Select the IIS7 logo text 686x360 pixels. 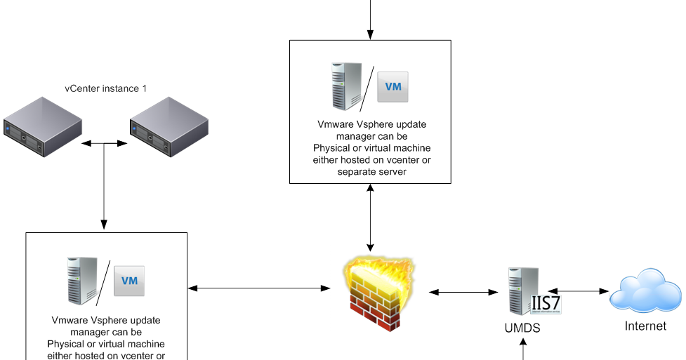pos(546,304)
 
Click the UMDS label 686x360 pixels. pos(522,328)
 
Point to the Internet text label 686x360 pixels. pos(645,326)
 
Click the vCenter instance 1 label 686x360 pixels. pos(105,88)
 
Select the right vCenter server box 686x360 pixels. pos(169,128)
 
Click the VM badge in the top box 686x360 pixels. pos(393,87)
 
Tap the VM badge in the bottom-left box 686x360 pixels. pos(129,281)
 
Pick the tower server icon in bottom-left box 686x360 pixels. pos(82,280)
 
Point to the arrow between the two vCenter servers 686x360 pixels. pos(104,143)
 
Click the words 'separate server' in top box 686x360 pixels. pos(371,171)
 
